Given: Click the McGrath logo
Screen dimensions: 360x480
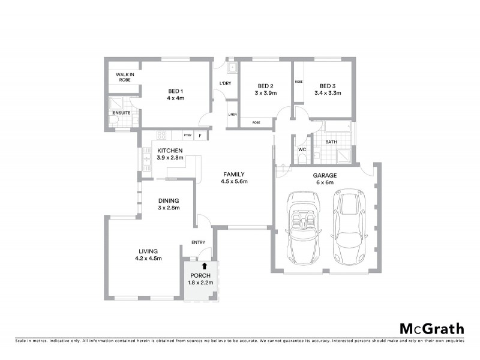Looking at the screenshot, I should (x=432, y=328).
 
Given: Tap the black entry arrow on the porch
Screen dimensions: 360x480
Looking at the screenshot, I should (x=205, y=265).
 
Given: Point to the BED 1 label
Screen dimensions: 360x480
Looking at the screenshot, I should (x=176, y=91).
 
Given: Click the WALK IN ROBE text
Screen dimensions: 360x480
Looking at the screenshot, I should (x=125, y=77).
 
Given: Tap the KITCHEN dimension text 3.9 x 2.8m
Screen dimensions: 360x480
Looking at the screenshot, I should (x=170, y=158).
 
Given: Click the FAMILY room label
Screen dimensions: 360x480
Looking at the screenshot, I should (x=234, y=174).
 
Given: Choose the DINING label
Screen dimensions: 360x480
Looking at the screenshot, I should (x=169, y=200).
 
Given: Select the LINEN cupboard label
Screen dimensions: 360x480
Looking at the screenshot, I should (x=232, y=115).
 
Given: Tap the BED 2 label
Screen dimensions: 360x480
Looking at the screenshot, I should (x=265, y=85).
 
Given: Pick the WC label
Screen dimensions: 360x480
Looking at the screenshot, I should (x=302, y=149).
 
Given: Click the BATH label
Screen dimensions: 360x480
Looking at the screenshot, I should (x=331, y=142).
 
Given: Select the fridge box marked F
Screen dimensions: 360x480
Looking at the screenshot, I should (x=200, y=136).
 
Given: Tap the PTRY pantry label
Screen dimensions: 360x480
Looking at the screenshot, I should (x=187, y=136).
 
